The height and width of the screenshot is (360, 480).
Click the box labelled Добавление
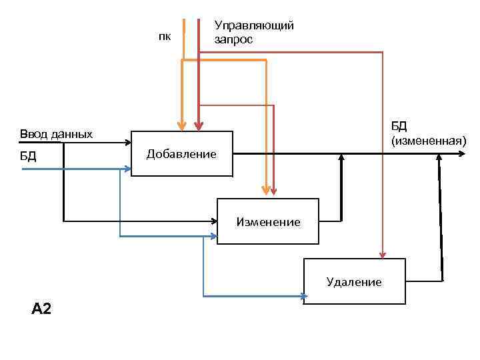[181, 154]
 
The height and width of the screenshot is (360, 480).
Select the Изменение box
[268, 221]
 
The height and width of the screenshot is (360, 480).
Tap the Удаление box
[354, 281]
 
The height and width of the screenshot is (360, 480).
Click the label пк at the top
[164, 37]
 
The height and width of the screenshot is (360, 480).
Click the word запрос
[233, 39]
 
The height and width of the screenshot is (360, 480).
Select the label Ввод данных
[56, 134]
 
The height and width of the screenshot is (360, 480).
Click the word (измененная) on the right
[429, 140]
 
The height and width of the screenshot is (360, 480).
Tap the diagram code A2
[41, 308]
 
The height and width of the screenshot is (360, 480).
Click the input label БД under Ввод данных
[27, 157]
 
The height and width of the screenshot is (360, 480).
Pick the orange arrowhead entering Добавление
[181, 125]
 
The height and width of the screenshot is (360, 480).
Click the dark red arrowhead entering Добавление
[199, 125]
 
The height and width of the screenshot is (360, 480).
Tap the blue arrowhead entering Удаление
[301, 297]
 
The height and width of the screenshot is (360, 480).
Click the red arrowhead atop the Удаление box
[382, 254]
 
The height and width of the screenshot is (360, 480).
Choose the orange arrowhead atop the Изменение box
[267, 193]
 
